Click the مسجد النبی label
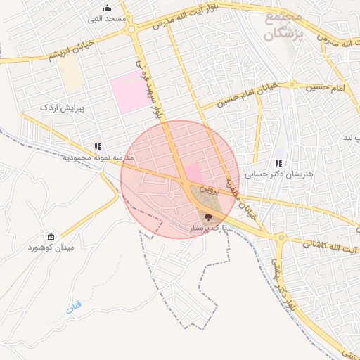click(x=107, y=19)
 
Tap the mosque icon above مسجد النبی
click(x=107, y=8)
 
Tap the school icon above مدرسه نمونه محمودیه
click(x=98, y=147)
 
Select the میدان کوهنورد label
click(x=51, y=248)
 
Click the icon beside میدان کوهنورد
click(x=51, y=237)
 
